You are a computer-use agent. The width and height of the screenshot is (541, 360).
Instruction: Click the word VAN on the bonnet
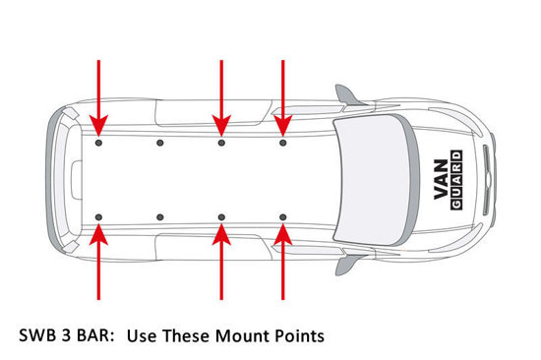click(x=442, y=179)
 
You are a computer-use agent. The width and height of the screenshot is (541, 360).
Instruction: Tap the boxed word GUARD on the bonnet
click(x=456, y=180)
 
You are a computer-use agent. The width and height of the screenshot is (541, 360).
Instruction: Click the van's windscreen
click(x=375, y=180)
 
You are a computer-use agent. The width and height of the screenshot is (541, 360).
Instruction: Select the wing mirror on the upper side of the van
click(x=348, y=95)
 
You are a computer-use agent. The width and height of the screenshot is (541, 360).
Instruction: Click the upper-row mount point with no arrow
click(x=160, y=143)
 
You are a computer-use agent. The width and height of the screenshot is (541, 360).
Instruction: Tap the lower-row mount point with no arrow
click(x=160, y=217)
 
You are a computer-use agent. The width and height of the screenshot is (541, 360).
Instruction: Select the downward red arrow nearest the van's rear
click(x=98, y=98)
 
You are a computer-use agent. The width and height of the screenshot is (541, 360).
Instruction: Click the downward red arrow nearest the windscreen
click(x=283, y=98)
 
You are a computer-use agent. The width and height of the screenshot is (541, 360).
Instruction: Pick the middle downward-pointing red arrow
click(x=221, y=98)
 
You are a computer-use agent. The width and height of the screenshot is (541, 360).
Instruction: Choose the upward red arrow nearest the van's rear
click(x=98, y=262)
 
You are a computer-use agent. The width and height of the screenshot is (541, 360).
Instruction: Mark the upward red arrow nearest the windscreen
click(x=283, y=262)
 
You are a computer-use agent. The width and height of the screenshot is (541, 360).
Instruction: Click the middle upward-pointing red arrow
click(x=221, y=262)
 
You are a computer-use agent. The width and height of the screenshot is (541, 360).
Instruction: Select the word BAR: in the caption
click(x=95, y=335)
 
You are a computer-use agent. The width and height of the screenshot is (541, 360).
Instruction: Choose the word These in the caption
click(x=186, y=335)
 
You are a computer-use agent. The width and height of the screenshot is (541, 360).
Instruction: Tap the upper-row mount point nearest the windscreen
click(x=283, y=143)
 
